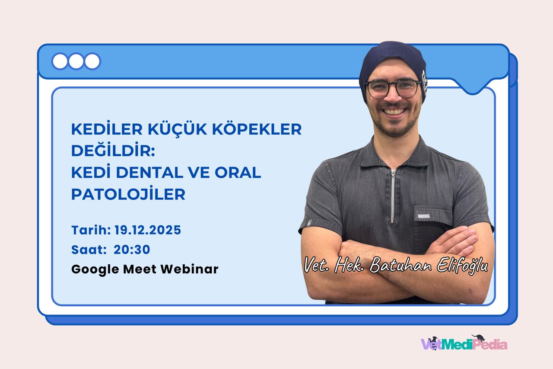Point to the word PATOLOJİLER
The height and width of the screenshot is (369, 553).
[128, 194]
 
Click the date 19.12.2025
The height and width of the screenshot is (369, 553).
[148, 230]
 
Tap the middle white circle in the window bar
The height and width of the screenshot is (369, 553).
[76, 61]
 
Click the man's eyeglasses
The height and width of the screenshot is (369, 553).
[392, 89]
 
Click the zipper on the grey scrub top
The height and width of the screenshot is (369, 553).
[393, 195]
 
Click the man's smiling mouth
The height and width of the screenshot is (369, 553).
[395, 112]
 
